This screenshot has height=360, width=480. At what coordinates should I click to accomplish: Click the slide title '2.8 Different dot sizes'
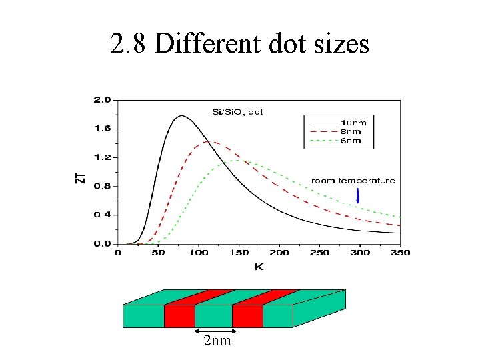click(239, 44)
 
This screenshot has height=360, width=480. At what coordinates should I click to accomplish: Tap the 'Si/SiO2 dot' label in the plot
click(237, 112)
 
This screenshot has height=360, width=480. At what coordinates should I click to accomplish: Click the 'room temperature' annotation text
click(353, 181)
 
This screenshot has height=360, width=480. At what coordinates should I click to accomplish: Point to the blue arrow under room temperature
click(358, 195)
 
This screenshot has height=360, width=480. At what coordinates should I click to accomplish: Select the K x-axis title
click(259, 267)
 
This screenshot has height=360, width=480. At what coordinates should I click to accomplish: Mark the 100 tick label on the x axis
click(198, 253)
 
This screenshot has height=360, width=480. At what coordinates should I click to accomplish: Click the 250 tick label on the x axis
click(319, 253)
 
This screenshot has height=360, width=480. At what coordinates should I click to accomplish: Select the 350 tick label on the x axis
click(400, 253)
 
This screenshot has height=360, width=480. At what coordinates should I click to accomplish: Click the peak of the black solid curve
click(181, 116)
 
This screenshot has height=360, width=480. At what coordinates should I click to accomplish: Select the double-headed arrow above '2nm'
click(215, 330)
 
